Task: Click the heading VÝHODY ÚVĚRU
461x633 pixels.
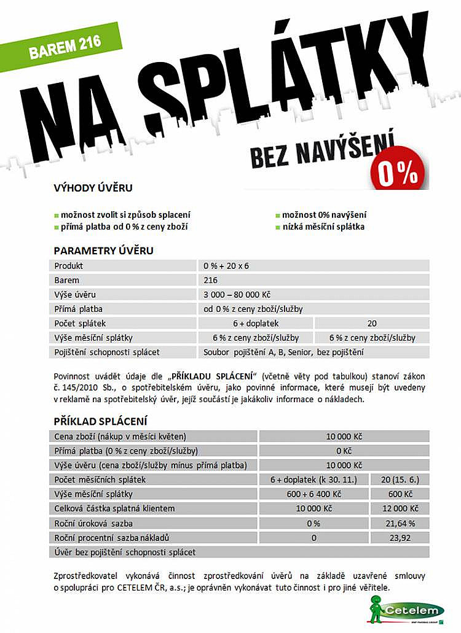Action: click(93, 187)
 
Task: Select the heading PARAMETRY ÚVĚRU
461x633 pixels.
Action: click(103, 250)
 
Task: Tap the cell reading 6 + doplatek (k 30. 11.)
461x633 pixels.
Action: click(313, 480)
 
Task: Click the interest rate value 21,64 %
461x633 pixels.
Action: click(400, 524)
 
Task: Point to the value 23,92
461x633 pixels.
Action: click(400, 538)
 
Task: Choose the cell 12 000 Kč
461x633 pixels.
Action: click(400, 508)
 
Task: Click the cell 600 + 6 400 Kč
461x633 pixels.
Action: click(313, 494)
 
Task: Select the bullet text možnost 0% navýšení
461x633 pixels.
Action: click(324, 215)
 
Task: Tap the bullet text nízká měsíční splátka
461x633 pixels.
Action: click(323, 227)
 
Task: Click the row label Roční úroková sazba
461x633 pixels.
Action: click(93, 524)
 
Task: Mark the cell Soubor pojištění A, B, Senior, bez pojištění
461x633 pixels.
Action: click(283, 352)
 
